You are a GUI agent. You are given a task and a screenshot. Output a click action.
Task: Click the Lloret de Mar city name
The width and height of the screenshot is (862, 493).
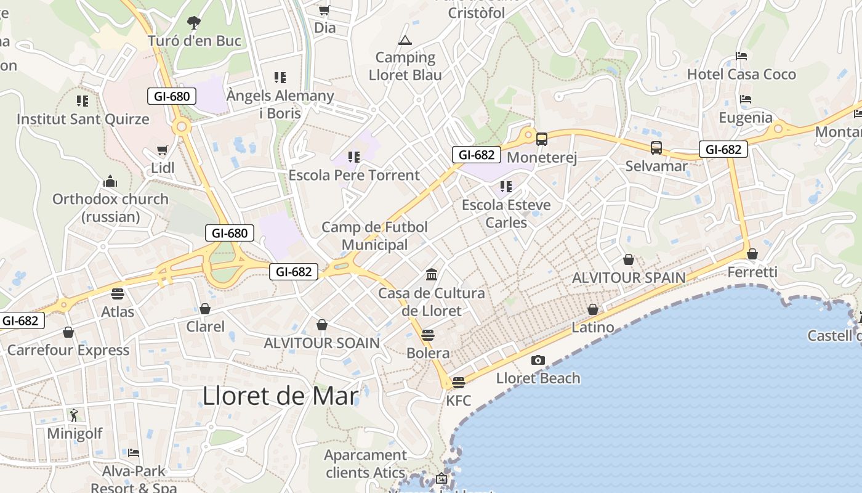tap(280, 396)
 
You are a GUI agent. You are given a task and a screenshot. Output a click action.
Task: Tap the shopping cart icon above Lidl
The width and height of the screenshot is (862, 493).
tap(163, 150)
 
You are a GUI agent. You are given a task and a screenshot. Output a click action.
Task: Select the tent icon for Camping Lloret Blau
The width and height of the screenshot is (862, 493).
tap(405, 41)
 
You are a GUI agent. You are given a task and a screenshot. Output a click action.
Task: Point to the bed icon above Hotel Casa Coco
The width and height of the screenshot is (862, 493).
tap(741, 56)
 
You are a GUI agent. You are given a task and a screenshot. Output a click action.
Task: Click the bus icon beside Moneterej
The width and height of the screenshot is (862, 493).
tap(542, 139)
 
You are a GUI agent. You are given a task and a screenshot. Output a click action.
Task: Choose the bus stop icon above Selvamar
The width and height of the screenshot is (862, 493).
tap(656, 148)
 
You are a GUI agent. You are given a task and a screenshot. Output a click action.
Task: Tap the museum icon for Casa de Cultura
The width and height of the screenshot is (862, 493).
tap(432, 274)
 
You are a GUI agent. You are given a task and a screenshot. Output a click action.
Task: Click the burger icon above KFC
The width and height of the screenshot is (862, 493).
tap(458, 383)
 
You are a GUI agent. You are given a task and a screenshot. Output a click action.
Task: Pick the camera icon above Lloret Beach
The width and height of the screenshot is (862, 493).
tap(538, 360)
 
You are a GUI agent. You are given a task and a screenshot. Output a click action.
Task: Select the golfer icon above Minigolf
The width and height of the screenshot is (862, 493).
tap(75, 415)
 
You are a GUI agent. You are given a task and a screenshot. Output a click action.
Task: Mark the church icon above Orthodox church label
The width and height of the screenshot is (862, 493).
tap(110, 181)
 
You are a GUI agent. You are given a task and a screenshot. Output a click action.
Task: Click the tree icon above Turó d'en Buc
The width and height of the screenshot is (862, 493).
tap(194, 23)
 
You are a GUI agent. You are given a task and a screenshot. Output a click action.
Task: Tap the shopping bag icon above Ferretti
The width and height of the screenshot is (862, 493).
tap(752, 254)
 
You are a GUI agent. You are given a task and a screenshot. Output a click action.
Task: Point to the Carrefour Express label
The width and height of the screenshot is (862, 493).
tap(68, 350)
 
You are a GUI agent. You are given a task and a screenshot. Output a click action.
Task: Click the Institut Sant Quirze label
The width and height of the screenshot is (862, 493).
tap(83, 119)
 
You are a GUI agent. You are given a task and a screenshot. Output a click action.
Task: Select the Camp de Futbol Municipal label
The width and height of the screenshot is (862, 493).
tap(374, 235)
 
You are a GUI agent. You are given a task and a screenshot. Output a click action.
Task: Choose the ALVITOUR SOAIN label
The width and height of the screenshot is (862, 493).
tap(322, 343)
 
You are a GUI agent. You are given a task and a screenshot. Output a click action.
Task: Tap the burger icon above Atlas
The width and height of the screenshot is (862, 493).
tap(118, 293)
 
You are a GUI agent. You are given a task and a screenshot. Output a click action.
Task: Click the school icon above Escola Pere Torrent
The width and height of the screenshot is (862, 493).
tap(353, 157)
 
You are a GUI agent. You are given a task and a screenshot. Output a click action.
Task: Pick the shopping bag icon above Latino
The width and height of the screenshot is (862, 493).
tap(593, 309)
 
